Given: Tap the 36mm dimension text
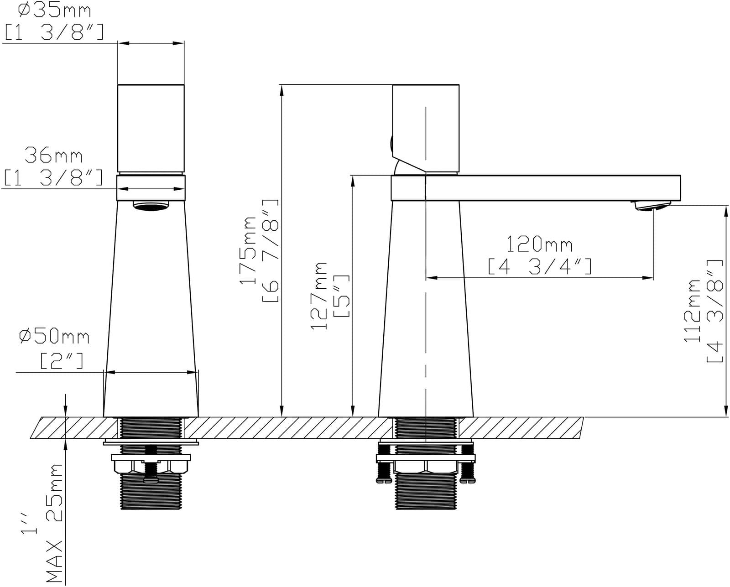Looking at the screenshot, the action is click(x=53, y=156).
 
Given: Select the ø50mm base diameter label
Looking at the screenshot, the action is click(x=54, y=337).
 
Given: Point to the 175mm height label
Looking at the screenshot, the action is click(x=248, y=250).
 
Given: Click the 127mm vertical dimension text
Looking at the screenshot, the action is click(x=319, y=296).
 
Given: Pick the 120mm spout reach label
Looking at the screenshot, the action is click(x=539, y=244).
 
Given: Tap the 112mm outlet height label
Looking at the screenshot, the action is click(x=692, y=310).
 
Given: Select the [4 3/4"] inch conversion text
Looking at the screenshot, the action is click(x=540, y=266).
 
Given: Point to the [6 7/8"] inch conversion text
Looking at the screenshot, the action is click(x=271, y=250).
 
